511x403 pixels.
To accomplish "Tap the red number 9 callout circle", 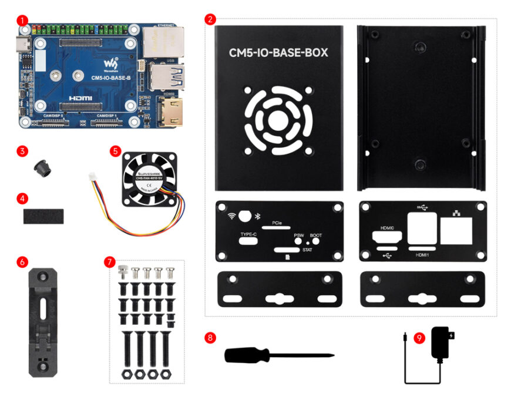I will tap(419, 338).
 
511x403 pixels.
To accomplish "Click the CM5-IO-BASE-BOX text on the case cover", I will tap(278, 53).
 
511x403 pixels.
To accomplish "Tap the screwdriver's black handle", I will tap(247, 355).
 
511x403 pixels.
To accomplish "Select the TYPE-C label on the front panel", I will tap(248, 234).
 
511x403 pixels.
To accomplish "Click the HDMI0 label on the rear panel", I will tap(386, 228).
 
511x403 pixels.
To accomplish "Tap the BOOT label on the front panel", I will tap(315, 234).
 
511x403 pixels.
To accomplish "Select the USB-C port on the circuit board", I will tap(21, 44).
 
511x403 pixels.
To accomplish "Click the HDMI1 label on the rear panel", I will tap(422, 255).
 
